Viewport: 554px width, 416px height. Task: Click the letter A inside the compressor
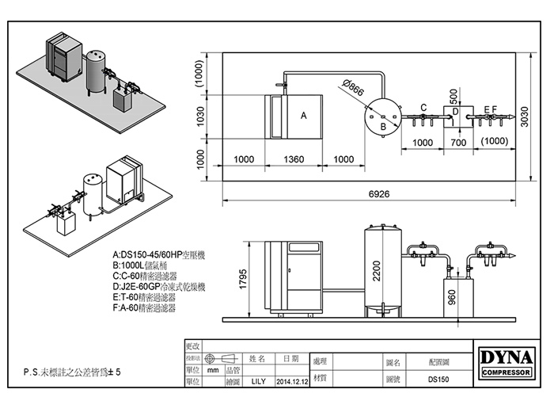(x=303, y=116)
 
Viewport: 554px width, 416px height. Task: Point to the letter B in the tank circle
(x=382, y=126)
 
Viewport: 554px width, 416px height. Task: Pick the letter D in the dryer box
(x=455, y=113)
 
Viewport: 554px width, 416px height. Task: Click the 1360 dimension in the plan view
(x=293, y=159)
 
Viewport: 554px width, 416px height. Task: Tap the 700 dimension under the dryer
(x=457, y=143)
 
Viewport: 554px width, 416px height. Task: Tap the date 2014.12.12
(x=291, y=380)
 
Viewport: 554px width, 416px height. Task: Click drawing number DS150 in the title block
(x=438, y=380)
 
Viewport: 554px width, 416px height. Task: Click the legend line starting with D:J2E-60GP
(x=159, y=287)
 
